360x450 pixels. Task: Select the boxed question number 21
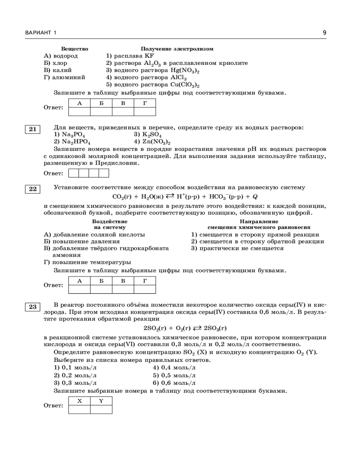pos(33,130)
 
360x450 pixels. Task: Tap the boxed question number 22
pos(33,189)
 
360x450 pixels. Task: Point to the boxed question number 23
pos(33,307)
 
